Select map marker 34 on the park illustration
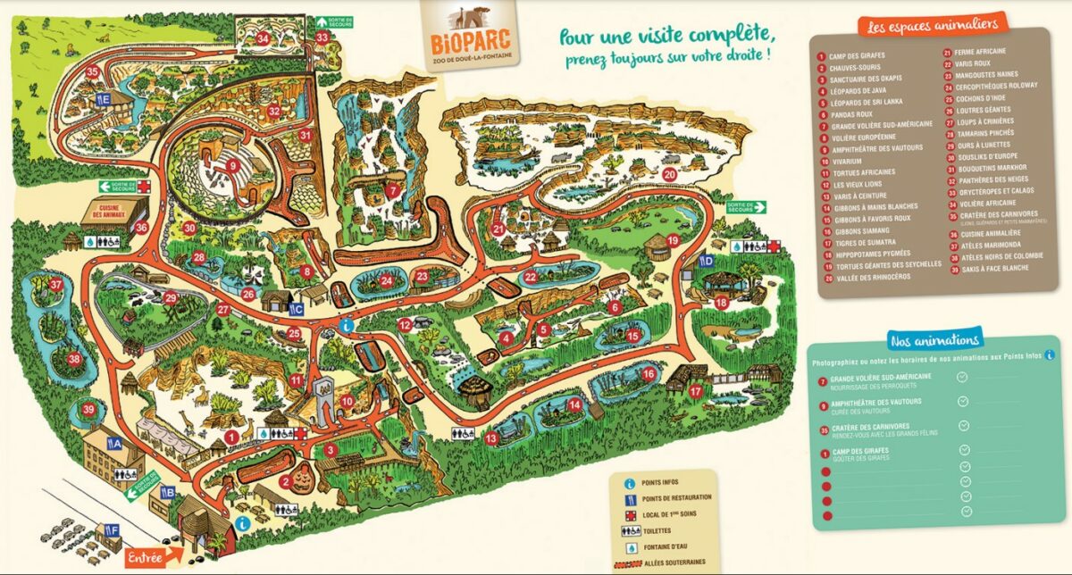point(263,38)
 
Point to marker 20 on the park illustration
point(669,173)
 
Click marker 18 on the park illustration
point(721,303)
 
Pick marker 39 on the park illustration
point(88,410)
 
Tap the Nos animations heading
point(934,339)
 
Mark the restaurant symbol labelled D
point(706,262)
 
